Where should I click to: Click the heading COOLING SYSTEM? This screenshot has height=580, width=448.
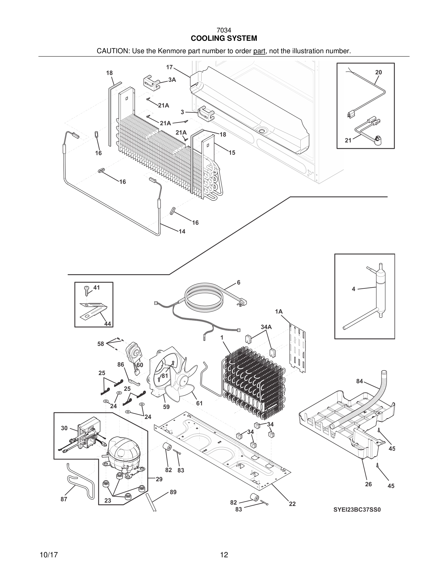[224, 39]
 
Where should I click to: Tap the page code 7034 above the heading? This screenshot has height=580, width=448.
[224, 31]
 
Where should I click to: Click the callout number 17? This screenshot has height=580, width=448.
[170, 67]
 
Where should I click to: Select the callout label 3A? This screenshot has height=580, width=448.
[172, 80]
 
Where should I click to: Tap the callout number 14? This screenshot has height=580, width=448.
[182, 232]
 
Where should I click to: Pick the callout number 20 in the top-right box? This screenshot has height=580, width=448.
[378, 72]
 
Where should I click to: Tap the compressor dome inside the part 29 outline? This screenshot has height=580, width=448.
[123, 449]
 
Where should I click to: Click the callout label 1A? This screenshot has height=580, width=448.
[279, 311]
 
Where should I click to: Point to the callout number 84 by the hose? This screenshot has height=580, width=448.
[359, 381]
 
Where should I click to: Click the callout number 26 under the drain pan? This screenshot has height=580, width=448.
[368, 484]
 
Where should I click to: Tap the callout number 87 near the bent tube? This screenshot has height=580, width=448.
[64, 499]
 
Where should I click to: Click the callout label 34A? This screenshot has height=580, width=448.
[266, 327]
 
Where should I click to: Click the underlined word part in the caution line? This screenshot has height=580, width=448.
[259, 51]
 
